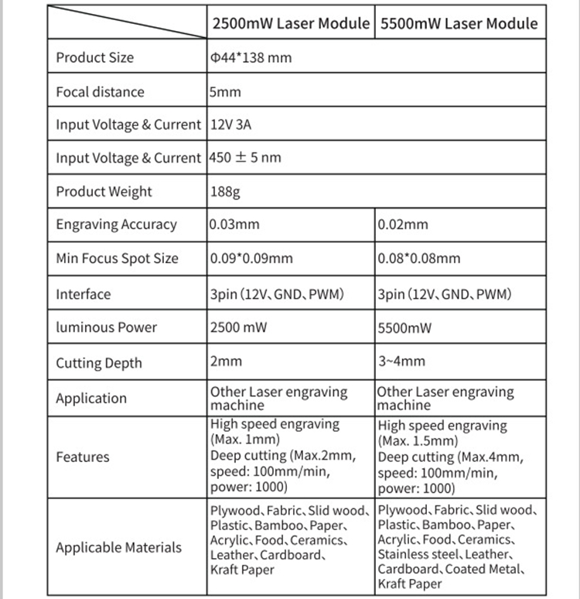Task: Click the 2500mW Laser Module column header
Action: tap(291, 23)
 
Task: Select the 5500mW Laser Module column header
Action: tap(459, 23)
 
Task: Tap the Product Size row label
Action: tap(94, 57)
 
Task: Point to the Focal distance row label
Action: tap(100, 91)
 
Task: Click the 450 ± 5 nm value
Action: tap(246, 158)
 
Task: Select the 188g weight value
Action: tap(225, 192)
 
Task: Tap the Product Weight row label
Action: tap(104, 192)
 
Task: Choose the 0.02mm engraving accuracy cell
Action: tap(403, 225)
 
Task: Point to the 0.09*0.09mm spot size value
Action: tap(251, 258)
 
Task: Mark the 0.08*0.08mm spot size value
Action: tap(419, 258)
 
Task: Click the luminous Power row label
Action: tap(106, 327)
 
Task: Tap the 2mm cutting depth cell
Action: tap(226, 361)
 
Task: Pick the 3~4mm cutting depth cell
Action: tap(401, 361)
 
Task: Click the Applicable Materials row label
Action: tap(118, 547)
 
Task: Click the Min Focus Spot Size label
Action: tap(117, 258)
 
